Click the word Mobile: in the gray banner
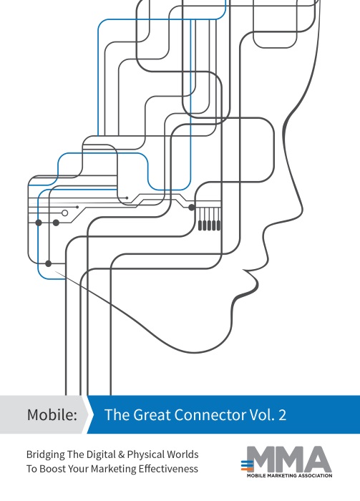pos(52,414)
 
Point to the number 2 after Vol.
pos(283,414)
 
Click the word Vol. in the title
pos(262,414)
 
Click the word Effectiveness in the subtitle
pos(166,469)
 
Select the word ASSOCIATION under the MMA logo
pos(315,476)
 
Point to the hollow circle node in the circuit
pos(65,213)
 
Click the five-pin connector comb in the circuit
pos(209,219)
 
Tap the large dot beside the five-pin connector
pos(192,208)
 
